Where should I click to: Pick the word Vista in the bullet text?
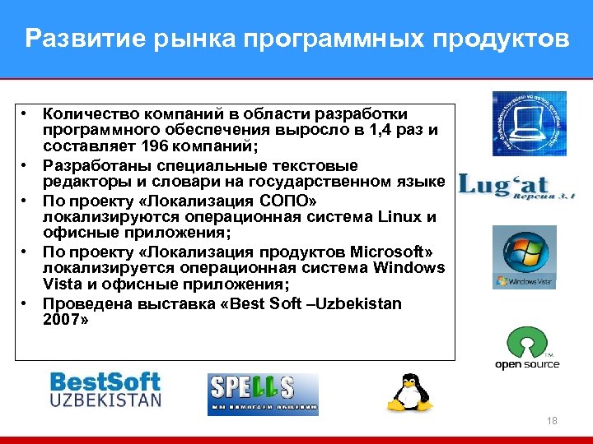[62, 284]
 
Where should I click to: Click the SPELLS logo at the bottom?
[263, 394]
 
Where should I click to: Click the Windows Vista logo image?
[524, 257]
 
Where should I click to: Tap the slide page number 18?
[552, 421]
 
